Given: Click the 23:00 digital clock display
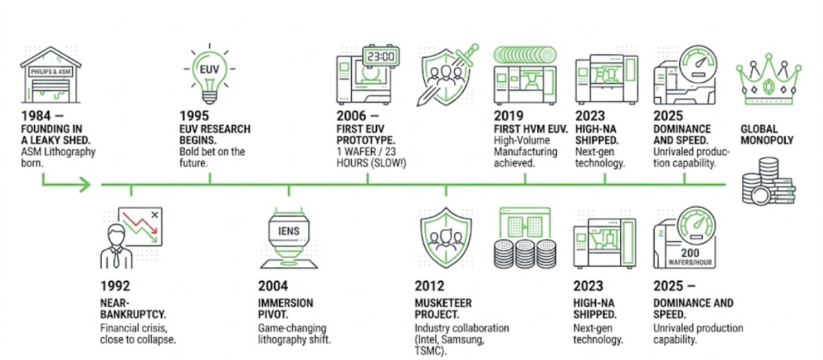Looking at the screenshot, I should pos(380,56).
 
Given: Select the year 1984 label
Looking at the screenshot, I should pos(37,115).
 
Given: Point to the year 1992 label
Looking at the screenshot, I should pos(117,286).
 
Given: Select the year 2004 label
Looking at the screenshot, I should pos(272,286).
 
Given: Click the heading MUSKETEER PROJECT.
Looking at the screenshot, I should pos(443,309).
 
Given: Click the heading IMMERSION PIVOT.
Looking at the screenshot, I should pos(286,309).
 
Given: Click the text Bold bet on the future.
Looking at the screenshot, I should pos(211,157).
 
